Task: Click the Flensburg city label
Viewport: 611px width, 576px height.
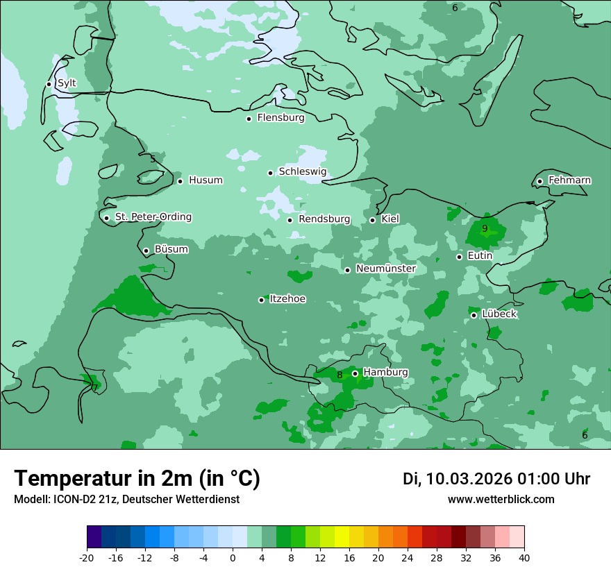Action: click(281, 118)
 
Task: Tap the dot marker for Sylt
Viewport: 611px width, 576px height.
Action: click(49, 84)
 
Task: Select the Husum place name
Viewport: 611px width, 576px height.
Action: click(206, 180)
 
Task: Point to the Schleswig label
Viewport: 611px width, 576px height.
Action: click(302, 172)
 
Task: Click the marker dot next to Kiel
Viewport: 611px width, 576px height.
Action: click(373, 220)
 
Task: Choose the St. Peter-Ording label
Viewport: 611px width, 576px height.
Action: click(153, 217)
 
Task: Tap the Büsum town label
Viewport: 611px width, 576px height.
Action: click(171, 249)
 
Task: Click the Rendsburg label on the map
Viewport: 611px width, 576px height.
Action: click(324, 219)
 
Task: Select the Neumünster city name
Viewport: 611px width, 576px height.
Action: click(385, 269)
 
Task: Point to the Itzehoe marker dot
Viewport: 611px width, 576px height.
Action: click(262, 300)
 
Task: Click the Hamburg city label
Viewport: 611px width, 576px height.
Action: click(385, 373)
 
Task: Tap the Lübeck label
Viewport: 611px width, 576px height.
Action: click(499, 314)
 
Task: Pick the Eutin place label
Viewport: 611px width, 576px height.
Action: click(480, 256)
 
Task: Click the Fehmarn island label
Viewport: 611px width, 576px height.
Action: click(569, 180)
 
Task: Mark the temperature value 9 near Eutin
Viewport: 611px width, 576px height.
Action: click(485, 228)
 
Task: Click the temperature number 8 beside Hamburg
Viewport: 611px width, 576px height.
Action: click(340, 375)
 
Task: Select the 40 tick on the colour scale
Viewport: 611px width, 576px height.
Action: click(524, 557)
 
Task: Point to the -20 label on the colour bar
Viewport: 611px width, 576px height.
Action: click(87, 557)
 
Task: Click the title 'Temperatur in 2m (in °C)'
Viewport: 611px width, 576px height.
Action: click(137, 479)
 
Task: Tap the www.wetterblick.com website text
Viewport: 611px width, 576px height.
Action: click(501, 499)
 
